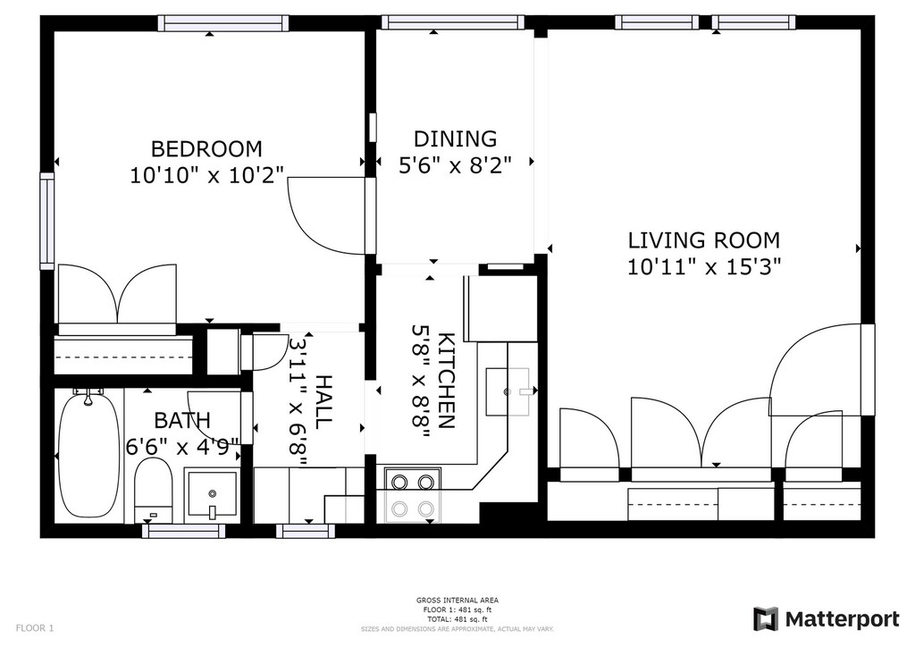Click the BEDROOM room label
[206, 148]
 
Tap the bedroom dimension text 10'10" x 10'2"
[206, 175]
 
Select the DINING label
[455, 139]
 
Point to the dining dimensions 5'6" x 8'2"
[455, 165]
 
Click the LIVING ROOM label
[704, 239]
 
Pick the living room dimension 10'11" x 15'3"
[704, 266]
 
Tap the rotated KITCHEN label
[446, 381]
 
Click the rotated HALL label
[323, 402]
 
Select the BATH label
[182, 420]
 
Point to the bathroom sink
[212, 494]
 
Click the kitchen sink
[508, 391]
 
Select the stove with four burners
[413, 495]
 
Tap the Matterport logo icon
[766, 619]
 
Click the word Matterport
[842, 619]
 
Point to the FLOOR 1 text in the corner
[35, 628]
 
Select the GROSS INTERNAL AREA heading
[457, 600]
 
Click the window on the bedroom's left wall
[46, 221]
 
